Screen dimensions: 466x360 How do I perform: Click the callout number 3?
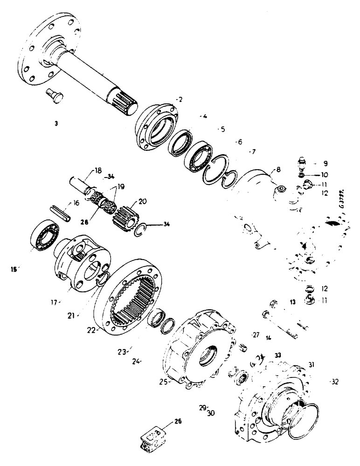[x=55, y=123]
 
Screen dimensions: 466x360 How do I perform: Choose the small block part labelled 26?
[x=152, y=439]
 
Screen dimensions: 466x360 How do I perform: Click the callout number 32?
[x=334, y=381]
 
